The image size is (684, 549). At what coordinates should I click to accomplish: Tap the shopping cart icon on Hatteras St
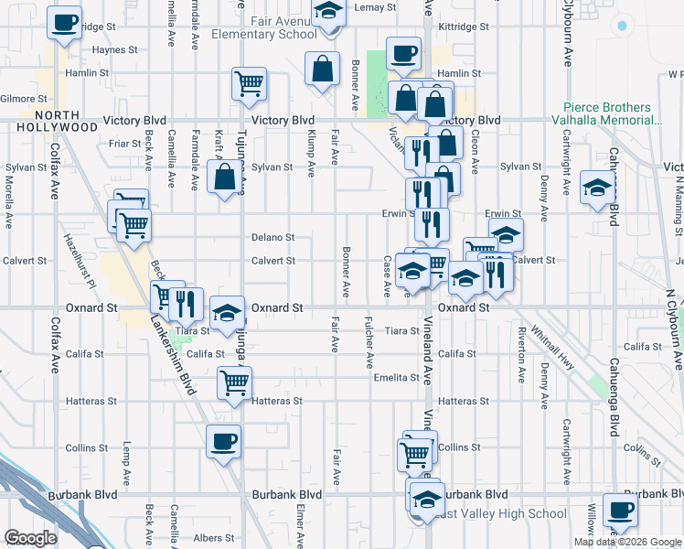tap(235, 382)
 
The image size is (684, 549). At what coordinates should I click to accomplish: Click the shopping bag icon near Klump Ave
tap(323, 69)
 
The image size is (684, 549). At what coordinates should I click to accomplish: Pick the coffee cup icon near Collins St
tap(223, 442)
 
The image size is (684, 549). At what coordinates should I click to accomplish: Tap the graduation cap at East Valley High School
tap(425, 500)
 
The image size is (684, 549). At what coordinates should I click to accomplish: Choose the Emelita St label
tap(395, 377)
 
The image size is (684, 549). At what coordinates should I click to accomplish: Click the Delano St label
tap(273, 237)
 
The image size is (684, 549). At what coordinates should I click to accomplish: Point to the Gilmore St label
tap(17, 98)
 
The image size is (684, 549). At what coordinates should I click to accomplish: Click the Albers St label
tap(214, 538)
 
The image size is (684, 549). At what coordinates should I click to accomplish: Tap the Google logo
tap(31, 538)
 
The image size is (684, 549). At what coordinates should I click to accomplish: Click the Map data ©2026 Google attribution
tap(627, 542)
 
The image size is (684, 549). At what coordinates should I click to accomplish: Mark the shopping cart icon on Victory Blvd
tap(249, 84)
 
